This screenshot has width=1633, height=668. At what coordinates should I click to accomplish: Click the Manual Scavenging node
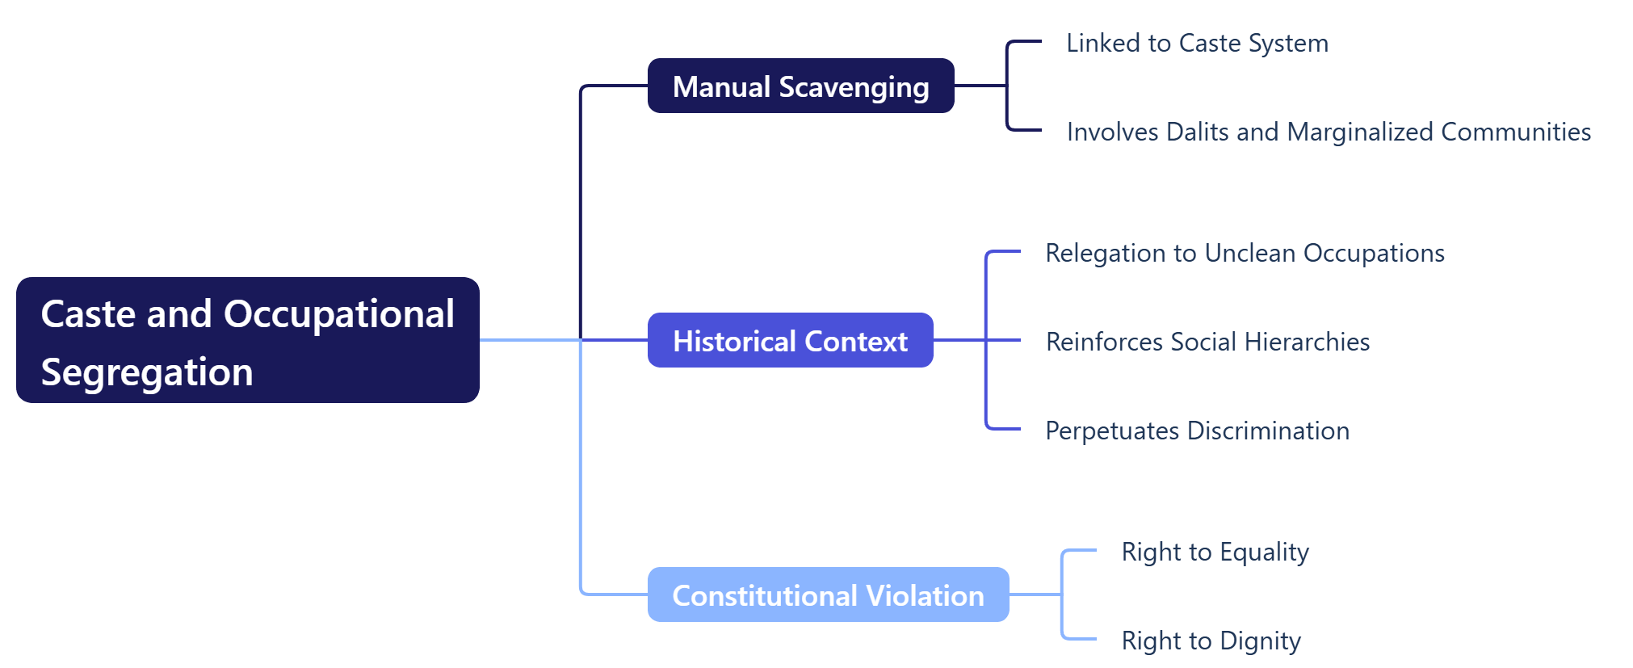800,86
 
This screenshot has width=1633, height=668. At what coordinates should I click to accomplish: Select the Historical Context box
790,340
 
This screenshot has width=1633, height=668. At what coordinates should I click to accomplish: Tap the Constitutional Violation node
828,594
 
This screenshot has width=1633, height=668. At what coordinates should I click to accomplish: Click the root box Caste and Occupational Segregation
247,340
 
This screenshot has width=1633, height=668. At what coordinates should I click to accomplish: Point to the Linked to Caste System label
1197,43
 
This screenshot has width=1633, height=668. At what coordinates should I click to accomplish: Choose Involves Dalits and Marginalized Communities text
1329,132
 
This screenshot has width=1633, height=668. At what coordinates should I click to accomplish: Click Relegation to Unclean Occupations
1245,253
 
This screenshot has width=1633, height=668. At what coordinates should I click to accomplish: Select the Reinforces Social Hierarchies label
1207,342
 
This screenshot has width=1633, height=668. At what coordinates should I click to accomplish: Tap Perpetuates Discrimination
1197,431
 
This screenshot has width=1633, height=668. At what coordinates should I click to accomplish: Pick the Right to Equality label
1215,552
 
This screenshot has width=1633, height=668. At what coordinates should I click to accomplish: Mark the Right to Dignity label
1211,641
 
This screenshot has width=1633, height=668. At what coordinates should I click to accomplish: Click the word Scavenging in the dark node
854,87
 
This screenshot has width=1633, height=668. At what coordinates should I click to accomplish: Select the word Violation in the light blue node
925,595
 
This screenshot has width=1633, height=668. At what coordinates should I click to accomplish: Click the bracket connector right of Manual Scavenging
1007,86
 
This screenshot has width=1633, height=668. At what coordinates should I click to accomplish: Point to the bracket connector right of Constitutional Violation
1062,594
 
